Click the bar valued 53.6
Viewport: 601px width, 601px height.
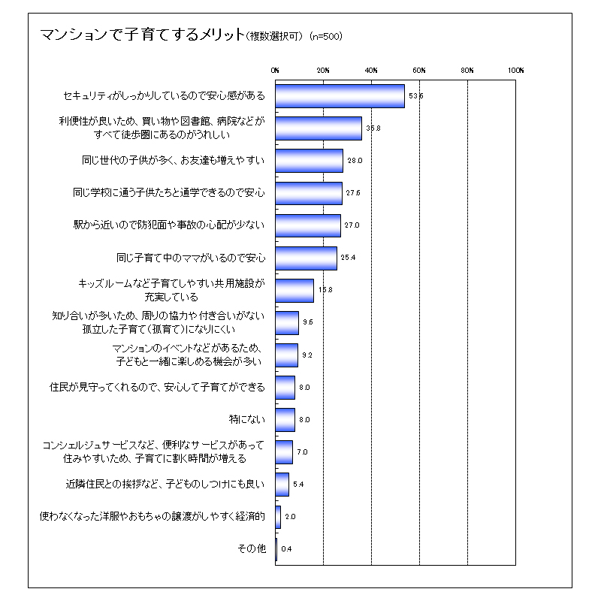point(340,96)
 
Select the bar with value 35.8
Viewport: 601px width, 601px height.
point(319,128)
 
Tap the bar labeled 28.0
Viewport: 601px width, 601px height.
point(309,161)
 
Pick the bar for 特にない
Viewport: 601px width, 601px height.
point(285,419)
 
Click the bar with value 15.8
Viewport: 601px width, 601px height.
point(294,290)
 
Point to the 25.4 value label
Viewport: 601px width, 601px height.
point(348,258)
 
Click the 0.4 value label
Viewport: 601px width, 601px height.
point(286,548)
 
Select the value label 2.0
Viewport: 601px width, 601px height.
point(290,516)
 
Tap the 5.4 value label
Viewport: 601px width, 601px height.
point(298,484)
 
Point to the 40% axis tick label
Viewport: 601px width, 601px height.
point(371,70)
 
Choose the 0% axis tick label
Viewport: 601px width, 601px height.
point(275,70)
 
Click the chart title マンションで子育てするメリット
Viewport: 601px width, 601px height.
point(142,35)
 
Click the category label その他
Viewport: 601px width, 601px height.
point(251,548)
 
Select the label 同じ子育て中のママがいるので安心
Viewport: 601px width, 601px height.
point(192,258)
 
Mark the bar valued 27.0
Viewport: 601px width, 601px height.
point(308,225)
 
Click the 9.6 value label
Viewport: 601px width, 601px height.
point(307,322)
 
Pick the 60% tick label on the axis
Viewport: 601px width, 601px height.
point(419,70)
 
